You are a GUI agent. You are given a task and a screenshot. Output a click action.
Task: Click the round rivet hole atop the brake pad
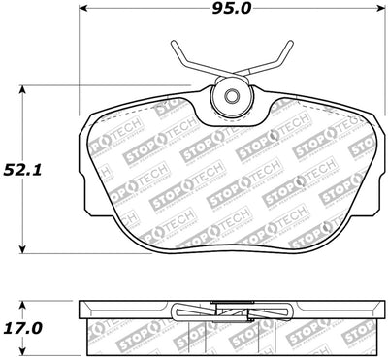tap(232, 97)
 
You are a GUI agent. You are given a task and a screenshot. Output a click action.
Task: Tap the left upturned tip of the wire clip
tap(174, 44)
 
